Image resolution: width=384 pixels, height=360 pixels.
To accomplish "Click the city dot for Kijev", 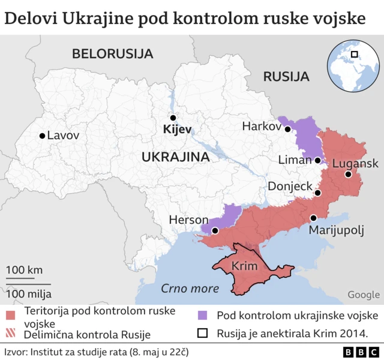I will click(173, 118).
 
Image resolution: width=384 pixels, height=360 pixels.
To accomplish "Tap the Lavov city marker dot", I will click(41, 136).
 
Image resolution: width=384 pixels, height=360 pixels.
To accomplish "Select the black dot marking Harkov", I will click(288, 129).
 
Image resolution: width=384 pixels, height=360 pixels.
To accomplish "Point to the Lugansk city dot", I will click(348, 175).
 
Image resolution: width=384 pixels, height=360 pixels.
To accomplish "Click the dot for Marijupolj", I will click(313, 218).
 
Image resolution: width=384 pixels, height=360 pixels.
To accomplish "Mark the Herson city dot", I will click(215, 230).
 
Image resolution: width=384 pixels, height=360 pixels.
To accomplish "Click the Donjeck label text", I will click(290, 187).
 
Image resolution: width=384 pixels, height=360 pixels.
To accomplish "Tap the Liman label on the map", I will click(295, 160).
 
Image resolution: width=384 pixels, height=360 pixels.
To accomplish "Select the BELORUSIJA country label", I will click(112, 53).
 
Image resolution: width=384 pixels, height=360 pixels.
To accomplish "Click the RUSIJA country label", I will click(286, 77).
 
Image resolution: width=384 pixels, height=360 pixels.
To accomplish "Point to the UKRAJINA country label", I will click(175, 157).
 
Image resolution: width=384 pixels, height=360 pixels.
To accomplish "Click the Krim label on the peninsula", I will click(244, 266).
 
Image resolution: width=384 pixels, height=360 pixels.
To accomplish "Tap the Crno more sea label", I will click(190, 289).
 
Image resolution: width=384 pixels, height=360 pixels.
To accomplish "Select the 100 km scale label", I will click(25, 270).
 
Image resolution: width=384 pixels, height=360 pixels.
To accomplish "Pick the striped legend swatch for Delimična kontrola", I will click(10, 334).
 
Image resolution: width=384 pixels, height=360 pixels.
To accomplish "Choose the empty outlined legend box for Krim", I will click(203, 334).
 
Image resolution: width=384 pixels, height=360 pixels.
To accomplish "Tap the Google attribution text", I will click(363, 295).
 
